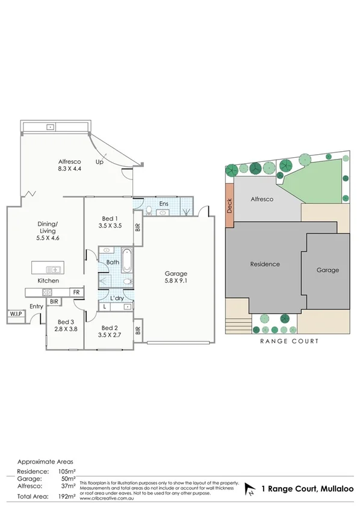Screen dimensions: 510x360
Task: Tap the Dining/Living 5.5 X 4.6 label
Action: click(48, 231)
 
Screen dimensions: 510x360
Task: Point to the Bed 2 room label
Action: click(109, 331)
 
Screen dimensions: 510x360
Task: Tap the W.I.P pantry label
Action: click(14, 314)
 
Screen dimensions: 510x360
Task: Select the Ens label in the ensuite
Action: click(164, 204)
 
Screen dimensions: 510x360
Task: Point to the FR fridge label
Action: click(76, 292)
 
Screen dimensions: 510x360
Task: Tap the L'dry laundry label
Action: click(117, 298)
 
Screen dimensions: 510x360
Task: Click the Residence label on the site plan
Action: click(265, 264)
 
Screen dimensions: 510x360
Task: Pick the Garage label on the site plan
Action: click(327, 270)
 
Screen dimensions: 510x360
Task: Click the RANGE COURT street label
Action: click(289, 341)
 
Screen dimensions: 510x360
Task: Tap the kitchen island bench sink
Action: click(54, 269)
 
